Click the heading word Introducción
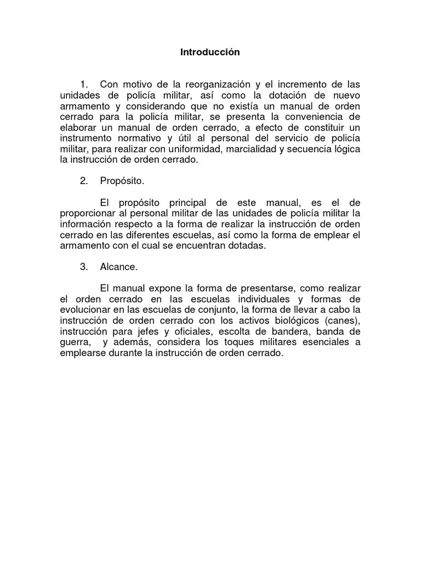click(210, 53)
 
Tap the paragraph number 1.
click(83, 84)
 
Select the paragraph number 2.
click(83, 180)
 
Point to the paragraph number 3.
click(83, 267)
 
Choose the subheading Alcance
click(118, 267)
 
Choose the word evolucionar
click(85, 310)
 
